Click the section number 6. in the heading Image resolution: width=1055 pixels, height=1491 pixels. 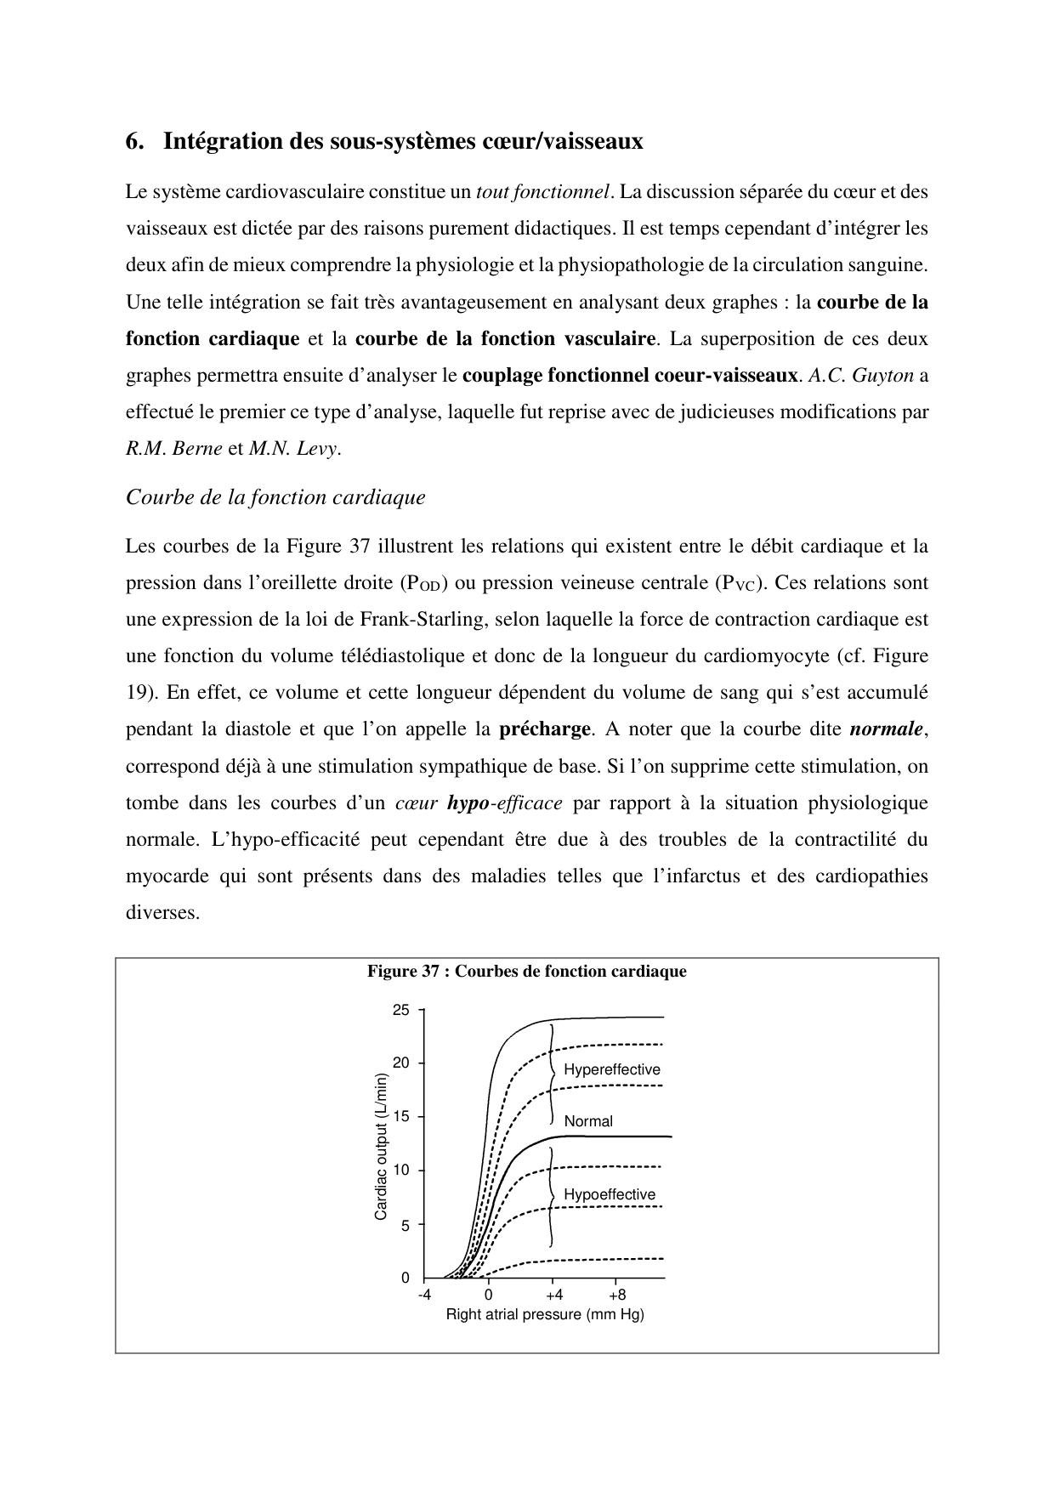coord(134,141)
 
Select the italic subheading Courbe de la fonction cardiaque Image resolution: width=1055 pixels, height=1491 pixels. coord(275,497)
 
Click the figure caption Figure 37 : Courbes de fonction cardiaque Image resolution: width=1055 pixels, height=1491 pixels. coord(526,972)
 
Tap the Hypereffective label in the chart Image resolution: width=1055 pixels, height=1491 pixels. coord(611,1069)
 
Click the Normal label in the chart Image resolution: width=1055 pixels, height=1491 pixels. coord(588,1121)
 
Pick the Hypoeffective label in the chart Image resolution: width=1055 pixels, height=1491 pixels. coord(610,1194)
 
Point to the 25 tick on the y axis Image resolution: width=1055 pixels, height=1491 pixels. coord(400,1010)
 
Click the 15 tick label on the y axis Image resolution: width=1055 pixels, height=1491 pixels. coord(400,1117)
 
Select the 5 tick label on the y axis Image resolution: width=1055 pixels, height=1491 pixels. coord(405,1226)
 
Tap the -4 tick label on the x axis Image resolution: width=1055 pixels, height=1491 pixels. coord(424,1295)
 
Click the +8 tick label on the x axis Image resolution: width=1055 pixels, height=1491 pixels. coord(617,1295)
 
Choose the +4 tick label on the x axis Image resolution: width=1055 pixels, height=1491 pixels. coord(553,1295)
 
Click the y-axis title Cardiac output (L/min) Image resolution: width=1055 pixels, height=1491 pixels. coord(381,1147)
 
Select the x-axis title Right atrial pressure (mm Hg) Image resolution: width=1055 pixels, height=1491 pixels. coord(545,1315)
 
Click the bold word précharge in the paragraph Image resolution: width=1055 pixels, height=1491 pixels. coord(544,729)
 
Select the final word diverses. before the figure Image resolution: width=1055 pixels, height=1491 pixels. coord(162,913)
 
